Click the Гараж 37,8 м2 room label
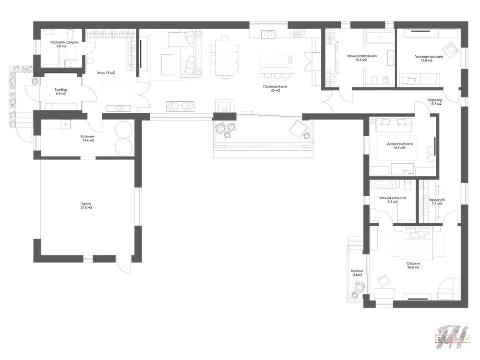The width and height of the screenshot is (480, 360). click(x=86, y=205)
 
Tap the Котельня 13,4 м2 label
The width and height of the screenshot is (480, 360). click(x=87, y=138)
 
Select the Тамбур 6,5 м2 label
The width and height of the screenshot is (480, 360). click(x=61, y=92)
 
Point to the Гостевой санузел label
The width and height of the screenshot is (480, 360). click(x=65, y=42)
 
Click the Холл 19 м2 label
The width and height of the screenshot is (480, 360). click(x=106, y=73)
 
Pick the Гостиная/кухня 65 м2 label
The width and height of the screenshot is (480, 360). click(x=275, y=88)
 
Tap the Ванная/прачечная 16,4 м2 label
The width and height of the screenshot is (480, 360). click(x=362, y=58)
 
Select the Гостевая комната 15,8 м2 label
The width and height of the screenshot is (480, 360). click(x=429, y=59)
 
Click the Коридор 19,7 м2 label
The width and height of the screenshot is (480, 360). click(x=435, y=102)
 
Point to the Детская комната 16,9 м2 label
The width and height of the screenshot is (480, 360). click(x=400, y=145)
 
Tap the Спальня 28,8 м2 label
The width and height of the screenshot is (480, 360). click(x=413, y=265)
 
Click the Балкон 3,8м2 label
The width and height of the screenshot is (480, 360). click(x=357, y=273)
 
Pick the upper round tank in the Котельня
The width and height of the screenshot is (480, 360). click(x=124, y=129)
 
